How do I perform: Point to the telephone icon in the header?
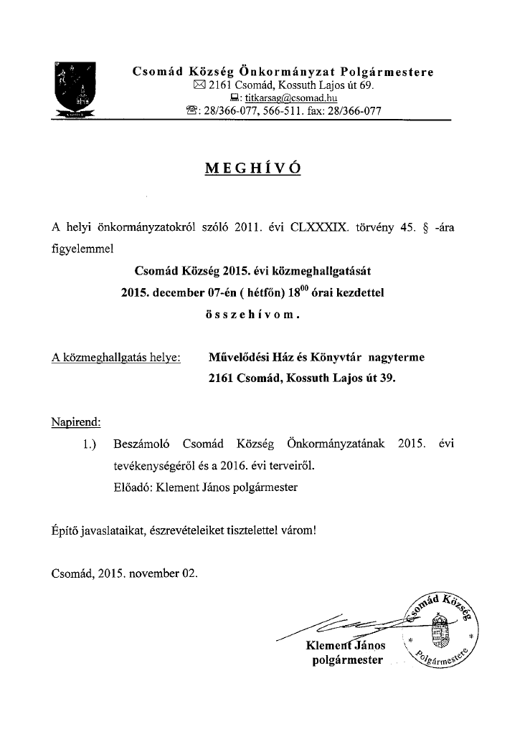pos(191,111)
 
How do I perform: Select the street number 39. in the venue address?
pos(384,377)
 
